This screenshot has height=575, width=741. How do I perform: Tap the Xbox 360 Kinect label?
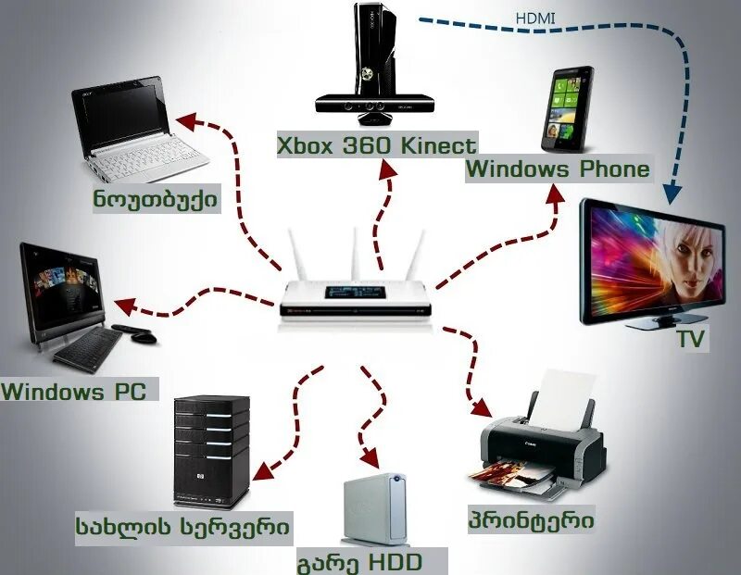pyautogui.click(x=377, y=145)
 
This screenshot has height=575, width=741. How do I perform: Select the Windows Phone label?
pyautogui.click(x=558, y=169)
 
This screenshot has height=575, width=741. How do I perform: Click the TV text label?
pyautogui.click(x=690, y=340)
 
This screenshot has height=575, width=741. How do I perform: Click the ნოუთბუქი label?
pyautogui.click(x=156, y=199)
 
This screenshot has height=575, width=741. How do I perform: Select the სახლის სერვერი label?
pyautogui.click(x=183, y=528)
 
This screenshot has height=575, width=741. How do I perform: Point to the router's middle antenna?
pyautogui.click(x=354, y=249)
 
